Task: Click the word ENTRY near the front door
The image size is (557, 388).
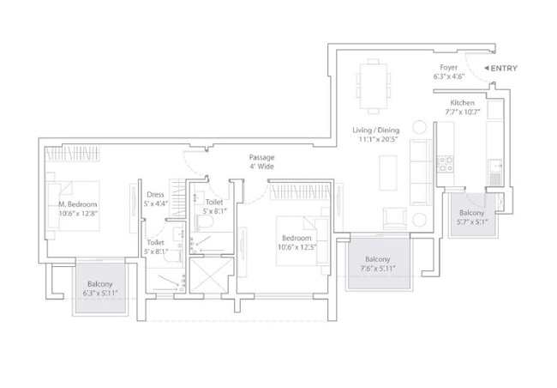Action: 504,69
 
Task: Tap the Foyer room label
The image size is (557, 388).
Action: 449,67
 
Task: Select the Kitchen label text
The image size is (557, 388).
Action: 462,103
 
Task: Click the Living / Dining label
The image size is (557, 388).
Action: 376,130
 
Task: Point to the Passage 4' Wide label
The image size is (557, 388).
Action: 261,161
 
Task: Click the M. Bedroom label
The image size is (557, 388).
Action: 78,204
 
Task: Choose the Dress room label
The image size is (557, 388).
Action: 155,195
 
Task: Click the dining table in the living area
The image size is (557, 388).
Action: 374,87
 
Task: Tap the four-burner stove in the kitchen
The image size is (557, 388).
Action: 445,164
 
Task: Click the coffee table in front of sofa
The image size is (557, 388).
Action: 388,173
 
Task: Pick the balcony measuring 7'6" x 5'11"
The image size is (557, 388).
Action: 380,263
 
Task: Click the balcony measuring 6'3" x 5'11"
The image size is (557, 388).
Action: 100,288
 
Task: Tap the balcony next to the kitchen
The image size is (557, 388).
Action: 472,215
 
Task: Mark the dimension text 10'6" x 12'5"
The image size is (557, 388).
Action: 297,246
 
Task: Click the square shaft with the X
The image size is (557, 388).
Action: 212,276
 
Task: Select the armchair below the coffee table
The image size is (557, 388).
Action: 394,218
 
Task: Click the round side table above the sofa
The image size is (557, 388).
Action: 419,127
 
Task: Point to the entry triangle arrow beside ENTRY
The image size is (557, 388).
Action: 487,68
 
